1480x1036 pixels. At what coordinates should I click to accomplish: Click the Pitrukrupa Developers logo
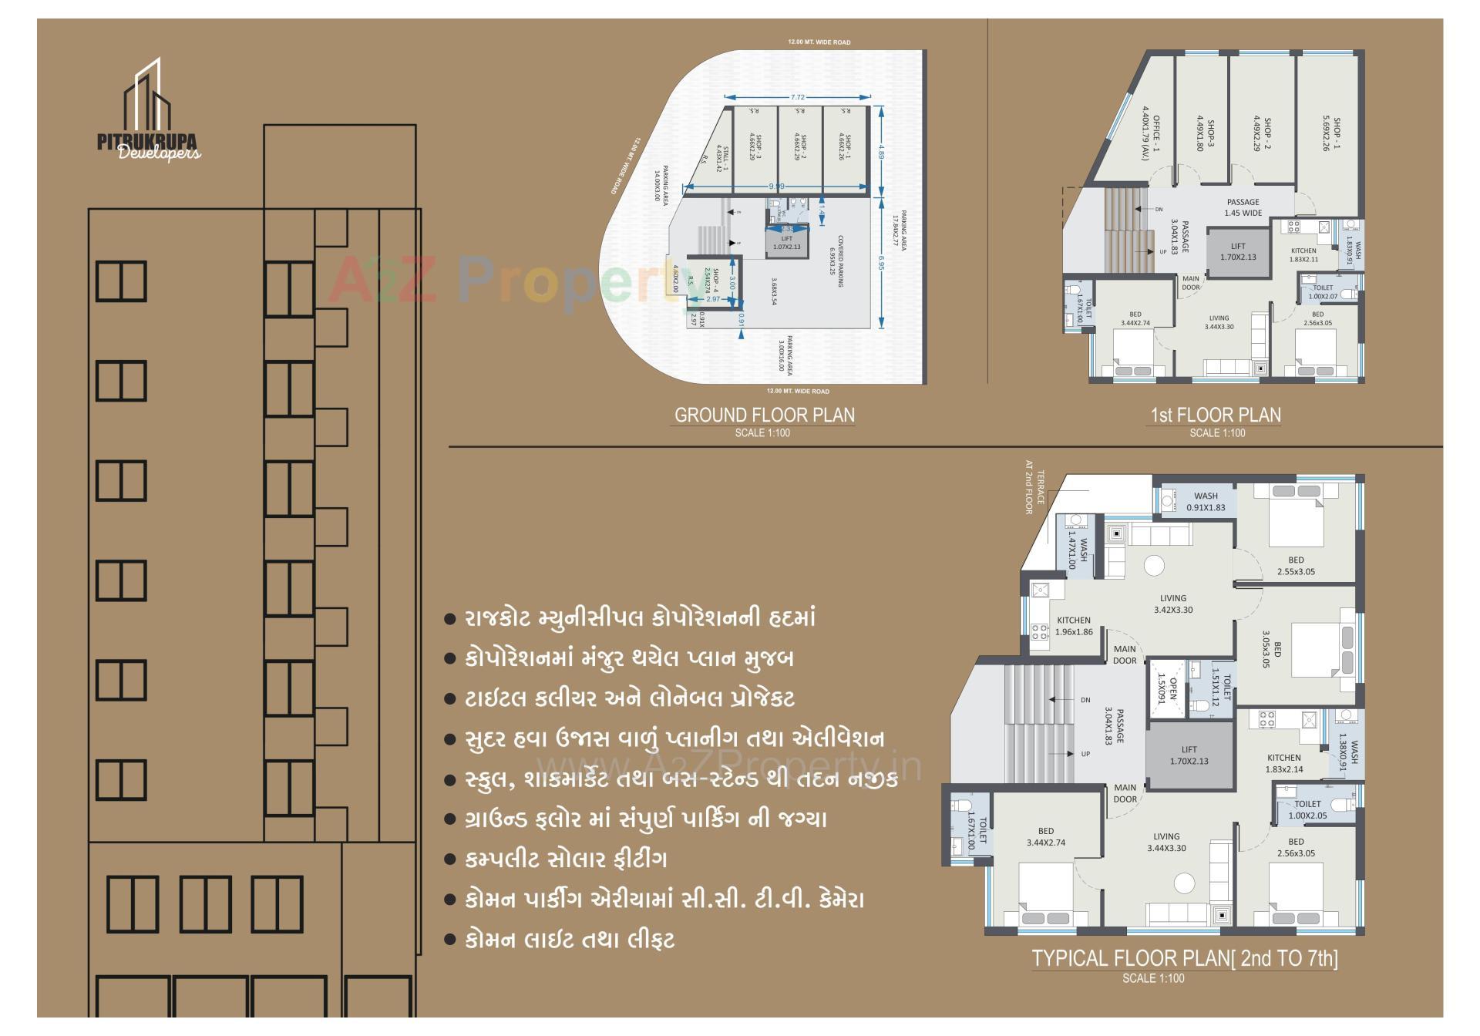click(149, 112)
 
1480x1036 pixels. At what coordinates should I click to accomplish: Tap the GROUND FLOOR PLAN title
click(764, 415)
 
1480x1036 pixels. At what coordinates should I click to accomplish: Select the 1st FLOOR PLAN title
click(1216, 415)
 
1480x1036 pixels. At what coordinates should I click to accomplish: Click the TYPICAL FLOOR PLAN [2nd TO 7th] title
click(1185, 958)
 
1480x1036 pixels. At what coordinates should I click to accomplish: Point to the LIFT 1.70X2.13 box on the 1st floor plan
click(1238, 252)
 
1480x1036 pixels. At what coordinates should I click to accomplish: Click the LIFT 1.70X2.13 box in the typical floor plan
click(1189, 755)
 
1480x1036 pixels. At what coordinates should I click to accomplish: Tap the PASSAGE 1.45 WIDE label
click(1243, 207)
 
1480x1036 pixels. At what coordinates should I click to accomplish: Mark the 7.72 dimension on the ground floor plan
click(797, 97)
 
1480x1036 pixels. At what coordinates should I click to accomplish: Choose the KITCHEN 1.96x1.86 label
click(1074, 626)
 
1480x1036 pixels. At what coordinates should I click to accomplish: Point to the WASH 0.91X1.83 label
click(1206, 501)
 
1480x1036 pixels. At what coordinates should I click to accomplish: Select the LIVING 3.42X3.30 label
click(1173, 604)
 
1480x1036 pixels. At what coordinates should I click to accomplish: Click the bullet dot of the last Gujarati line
click(450, 940)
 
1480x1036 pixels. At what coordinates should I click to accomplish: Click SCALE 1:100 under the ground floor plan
click(762, 433)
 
